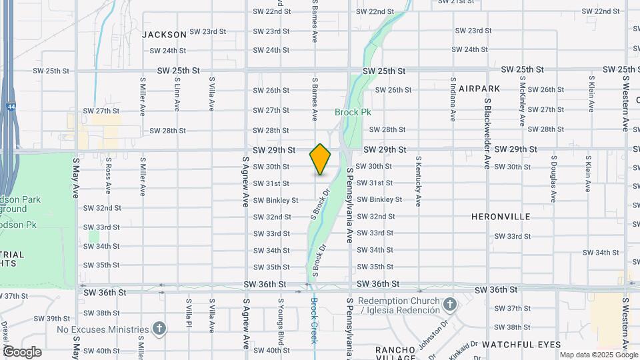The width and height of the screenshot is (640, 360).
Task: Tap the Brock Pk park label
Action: [353, 112]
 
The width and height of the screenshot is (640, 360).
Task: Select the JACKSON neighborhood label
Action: [164, 34]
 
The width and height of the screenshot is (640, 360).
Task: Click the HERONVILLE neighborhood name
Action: [501, 217]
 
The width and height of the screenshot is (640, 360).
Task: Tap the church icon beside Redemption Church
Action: [450, 305]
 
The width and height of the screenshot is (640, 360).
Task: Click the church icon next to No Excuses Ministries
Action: [159, 329]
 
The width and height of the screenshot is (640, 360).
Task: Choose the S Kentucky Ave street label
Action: [418, 181]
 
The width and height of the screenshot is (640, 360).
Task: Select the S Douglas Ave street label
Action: [553, 179]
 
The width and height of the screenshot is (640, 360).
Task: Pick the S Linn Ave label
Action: [177, 97]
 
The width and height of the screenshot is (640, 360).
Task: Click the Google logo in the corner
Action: [23, 351]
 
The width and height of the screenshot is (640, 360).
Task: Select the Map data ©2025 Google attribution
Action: [598, 355]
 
